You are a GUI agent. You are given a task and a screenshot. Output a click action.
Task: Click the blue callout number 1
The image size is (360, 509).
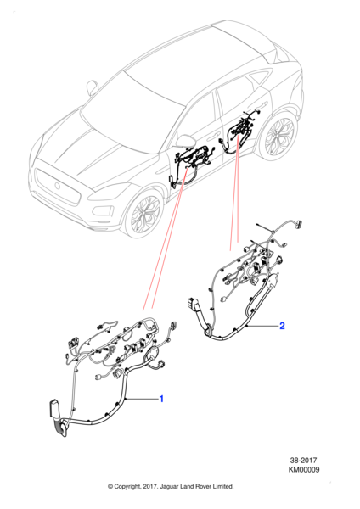pyautogui.click(x=161, y=399)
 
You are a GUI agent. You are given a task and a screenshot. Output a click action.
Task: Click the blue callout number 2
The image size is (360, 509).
pyautogui.click(x=282, y=326)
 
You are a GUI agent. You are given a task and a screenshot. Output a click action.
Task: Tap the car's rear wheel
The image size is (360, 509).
pyautogui.click(x=278, y=136)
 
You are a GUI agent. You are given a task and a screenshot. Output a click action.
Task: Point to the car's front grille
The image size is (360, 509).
pyautogui.click(x=58, y=187)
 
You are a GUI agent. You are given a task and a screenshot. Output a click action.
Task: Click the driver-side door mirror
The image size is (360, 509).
pyautogui.click(x=186, y=141)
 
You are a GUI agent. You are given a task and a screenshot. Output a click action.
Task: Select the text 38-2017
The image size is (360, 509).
pyautogui.click(x=303, y=460)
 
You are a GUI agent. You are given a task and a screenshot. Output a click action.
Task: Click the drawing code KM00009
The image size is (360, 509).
pyautogui.click(x=303, y=469)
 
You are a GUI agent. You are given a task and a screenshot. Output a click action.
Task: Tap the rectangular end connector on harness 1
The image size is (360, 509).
pyautogui.click(x=54, y=409)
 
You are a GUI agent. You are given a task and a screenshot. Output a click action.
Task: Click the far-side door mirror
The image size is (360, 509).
pyautogui.click(x=93, y=87)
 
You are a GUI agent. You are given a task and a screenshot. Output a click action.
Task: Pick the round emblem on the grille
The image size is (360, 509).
pyautogui.click(x=57, y=186)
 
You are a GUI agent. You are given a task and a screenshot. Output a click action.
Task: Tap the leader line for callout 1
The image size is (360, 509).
pyautogui.click(x=142, y=399)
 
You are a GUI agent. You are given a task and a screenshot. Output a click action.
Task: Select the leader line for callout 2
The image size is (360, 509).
pyautogui.click(x=262, y=326)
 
